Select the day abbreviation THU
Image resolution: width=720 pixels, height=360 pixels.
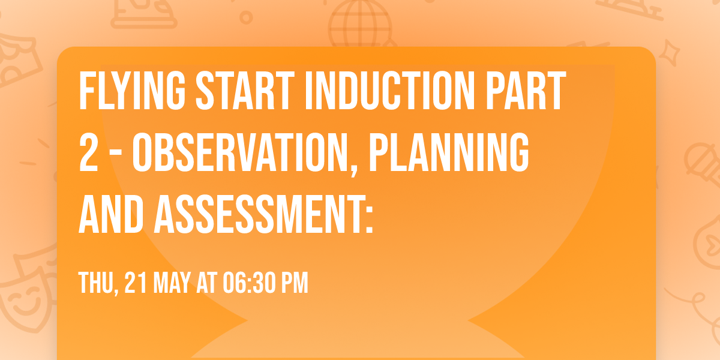96,283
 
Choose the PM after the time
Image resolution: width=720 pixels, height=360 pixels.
295,283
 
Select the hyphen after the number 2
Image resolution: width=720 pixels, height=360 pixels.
115,155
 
